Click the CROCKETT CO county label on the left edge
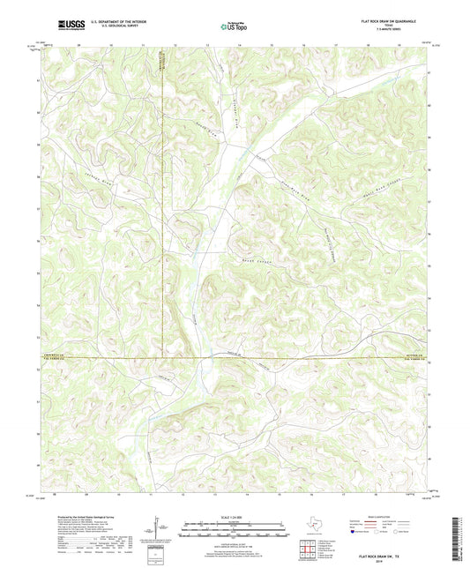(55, 355)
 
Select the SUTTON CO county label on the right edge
(414, 355)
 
